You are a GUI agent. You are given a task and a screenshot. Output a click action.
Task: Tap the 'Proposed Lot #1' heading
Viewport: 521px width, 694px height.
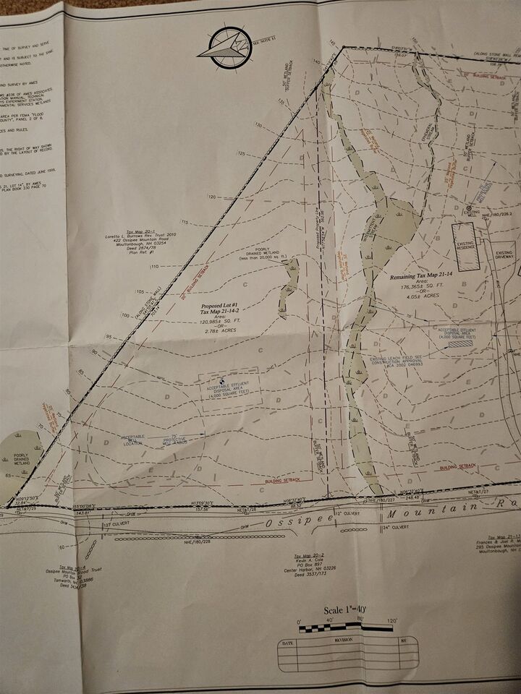(221, 306)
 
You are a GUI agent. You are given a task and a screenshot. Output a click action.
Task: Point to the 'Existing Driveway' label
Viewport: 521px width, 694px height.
(504, 254)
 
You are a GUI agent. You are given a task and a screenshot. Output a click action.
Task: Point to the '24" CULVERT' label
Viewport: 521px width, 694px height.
(397, 527)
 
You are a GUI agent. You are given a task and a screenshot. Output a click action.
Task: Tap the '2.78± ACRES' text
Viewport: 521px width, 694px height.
(222, 330)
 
